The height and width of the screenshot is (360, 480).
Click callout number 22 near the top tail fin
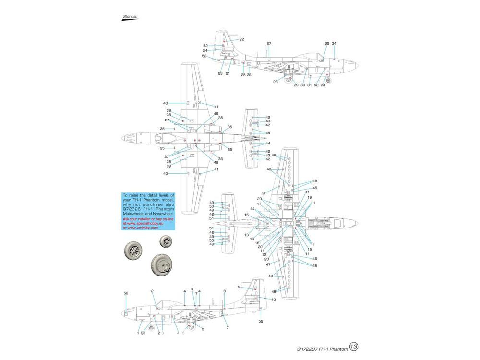pos(241,39)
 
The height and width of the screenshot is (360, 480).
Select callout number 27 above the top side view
pos(269,44)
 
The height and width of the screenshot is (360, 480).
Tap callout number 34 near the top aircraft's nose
pos(334,44)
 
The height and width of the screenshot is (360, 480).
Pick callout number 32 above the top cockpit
pos(326,44)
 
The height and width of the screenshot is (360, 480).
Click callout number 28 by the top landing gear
pos(276,82)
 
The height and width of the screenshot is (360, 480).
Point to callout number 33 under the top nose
pos(323,85)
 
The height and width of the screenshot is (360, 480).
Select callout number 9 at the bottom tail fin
pos(239,287)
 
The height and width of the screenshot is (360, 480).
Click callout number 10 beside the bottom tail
pos(273,300)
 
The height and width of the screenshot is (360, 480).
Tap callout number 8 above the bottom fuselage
pos(224,291)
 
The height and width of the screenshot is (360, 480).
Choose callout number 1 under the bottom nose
pos(138,333)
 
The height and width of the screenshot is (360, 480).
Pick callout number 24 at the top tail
pos(204,50)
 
